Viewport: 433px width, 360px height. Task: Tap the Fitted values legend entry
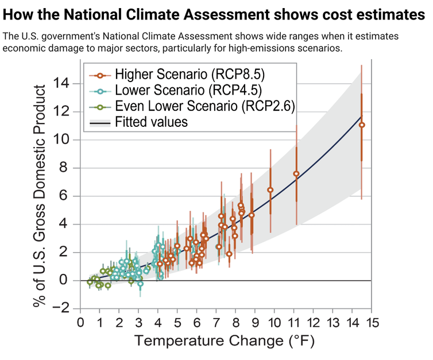(150, 122)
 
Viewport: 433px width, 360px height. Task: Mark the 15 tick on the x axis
(371, 320)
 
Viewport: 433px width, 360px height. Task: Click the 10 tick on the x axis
(274, 320)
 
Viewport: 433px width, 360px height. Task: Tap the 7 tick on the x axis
(216, 320)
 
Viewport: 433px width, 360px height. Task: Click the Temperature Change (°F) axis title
(225, 341)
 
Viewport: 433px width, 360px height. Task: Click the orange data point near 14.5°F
(361, 125)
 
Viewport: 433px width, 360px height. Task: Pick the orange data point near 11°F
(296, 173)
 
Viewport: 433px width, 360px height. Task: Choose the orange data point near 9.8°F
(270, 189)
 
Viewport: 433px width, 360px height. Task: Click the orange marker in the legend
(100, 75)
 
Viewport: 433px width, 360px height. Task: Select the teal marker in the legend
(100, 91)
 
